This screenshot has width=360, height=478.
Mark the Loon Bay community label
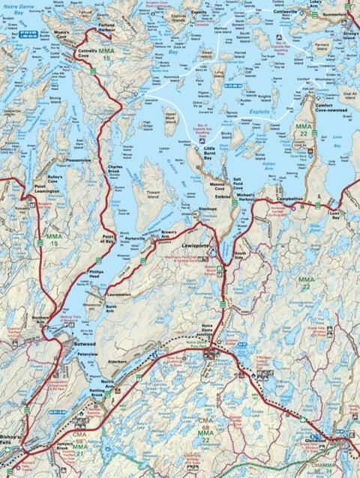(x=334, y=214)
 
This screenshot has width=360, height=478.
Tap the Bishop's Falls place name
(x=13, y=438)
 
